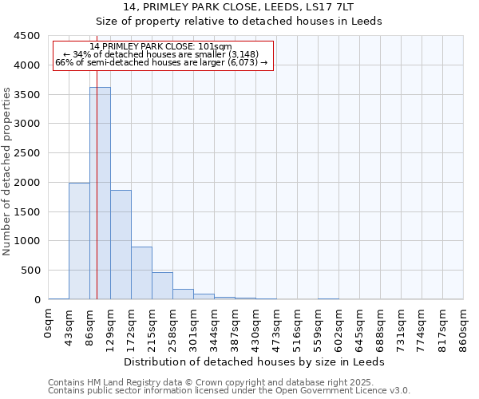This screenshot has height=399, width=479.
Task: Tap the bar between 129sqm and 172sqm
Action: (121, 244)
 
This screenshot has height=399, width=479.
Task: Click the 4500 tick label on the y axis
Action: (27, 36)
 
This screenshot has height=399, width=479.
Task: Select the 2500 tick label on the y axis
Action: (27, 153)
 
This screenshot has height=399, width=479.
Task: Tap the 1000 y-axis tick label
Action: (27, 241)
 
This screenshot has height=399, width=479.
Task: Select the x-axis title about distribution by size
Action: (255, 361)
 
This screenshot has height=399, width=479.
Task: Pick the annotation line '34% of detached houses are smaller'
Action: (164, 54)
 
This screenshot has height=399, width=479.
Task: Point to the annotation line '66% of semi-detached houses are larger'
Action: (162, 62)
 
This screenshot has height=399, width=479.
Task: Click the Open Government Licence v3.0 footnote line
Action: (229, 390)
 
